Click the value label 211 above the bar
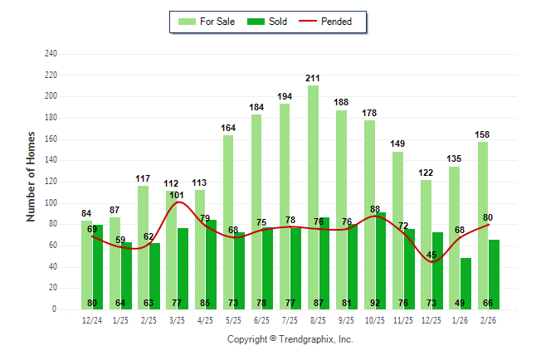[313, 79]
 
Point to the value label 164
[228, 128]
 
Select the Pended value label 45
[431, 255]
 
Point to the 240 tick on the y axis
[51, 54]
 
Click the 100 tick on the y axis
[51, 203]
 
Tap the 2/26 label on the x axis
[488, 320]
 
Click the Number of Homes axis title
[31, 176]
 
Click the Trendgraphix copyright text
[290, 339]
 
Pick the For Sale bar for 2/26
[482, 224]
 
